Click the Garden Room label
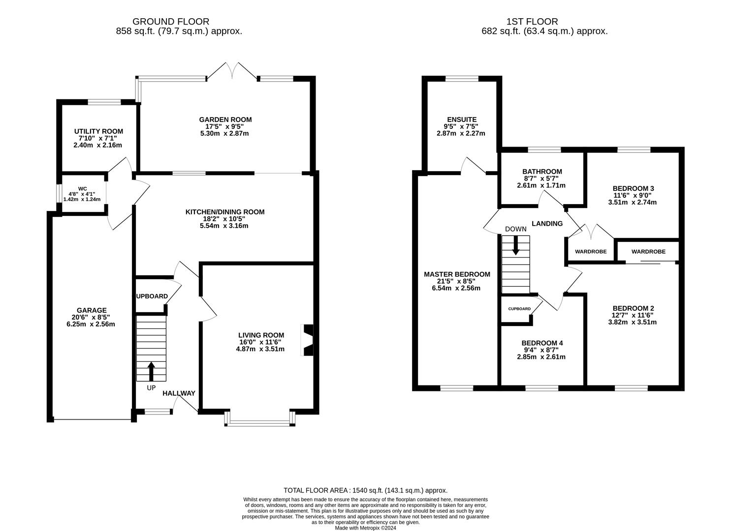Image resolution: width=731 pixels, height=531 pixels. point(225,119)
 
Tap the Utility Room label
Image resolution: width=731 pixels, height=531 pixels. point(98,131)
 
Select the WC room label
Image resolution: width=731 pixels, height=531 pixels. point(82,188)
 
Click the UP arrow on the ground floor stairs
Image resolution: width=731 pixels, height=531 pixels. point(151,371)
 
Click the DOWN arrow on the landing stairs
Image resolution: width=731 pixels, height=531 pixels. point(515,245)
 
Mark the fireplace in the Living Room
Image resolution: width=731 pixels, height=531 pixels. point(308,339)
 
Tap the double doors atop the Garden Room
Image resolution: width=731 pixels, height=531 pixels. point(232,71)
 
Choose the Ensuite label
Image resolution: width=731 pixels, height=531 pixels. point(461,119)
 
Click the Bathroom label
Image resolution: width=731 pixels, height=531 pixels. point(541,172)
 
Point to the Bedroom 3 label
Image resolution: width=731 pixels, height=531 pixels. point(633,188)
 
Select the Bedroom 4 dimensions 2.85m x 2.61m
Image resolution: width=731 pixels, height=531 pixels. point(541,357)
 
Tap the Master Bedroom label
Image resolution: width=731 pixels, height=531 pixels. point(457,274)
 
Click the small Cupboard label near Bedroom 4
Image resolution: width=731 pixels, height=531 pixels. point(519,309)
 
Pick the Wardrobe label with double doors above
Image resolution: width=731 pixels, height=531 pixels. point(591,252)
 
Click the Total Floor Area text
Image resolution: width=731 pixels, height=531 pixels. point(365,490)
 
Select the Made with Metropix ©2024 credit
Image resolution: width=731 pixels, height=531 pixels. point(365,528)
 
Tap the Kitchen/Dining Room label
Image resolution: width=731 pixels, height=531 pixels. point(224,212)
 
